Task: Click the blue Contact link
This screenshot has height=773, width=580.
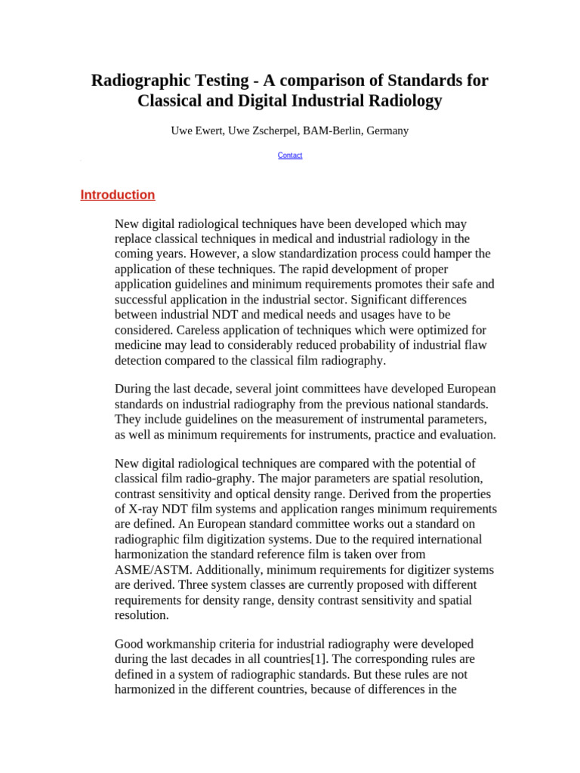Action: tap(290, 156)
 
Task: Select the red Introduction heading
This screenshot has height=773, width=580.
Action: tap(118, 195)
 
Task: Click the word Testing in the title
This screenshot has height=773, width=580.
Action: tap(224, 80)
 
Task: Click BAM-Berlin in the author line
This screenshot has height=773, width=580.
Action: tap(332, 131)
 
